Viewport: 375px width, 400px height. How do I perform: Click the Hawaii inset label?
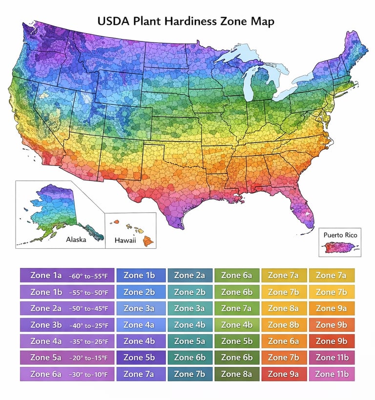125,240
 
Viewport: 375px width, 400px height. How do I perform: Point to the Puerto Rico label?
340,235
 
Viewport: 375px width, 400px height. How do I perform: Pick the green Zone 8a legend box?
236,374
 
